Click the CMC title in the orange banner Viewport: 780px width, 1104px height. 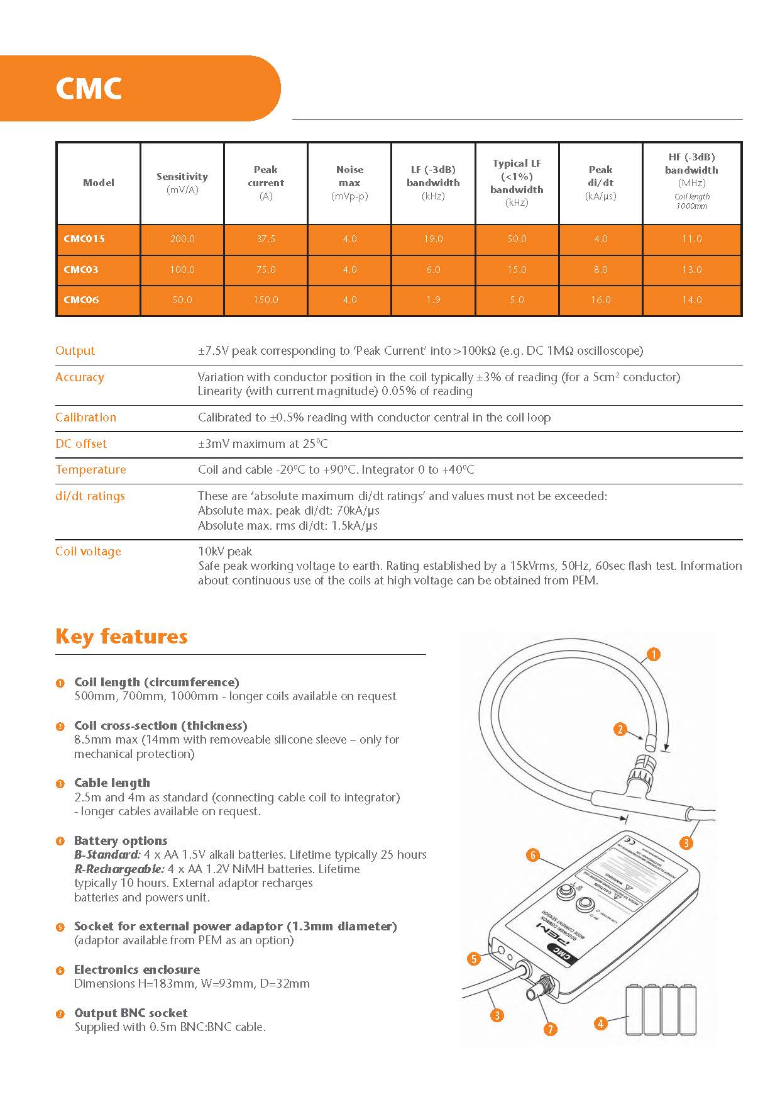coord(89,89)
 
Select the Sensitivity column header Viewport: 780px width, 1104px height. coord(182,177)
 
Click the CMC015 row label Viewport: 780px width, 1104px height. coord(84,239)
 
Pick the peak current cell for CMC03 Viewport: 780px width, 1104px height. coord(265,270)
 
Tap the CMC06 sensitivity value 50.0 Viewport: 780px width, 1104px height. coord(182,300)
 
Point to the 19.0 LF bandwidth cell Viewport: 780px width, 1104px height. coord(433,239)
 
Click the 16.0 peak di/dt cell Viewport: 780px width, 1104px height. coord(600,300)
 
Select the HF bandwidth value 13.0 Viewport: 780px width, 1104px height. coord(691,270)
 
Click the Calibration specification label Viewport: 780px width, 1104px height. coord(85,417)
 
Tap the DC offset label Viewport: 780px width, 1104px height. coord(81,443)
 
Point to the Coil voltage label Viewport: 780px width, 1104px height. coord(88,552)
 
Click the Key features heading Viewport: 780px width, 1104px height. coord(121,636)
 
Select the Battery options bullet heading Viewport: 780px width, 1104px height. coord(121,840)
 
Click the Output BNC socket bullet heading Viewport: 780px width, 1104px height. coord(131,1013)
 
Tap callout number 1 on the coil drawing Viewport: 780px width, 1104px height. coord(654,655)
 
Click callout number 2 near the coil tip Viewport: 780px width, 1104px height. coord(620,729)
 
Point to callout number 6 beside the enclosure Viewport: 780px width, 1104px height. coord(532,855)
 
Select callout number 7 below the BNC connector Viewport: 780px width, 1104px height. coord(550,1029)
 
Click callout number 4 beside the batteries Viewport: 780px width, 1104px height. coord(600,1023)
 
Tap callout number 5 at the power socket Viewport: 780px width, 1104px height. coord(474,959)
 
